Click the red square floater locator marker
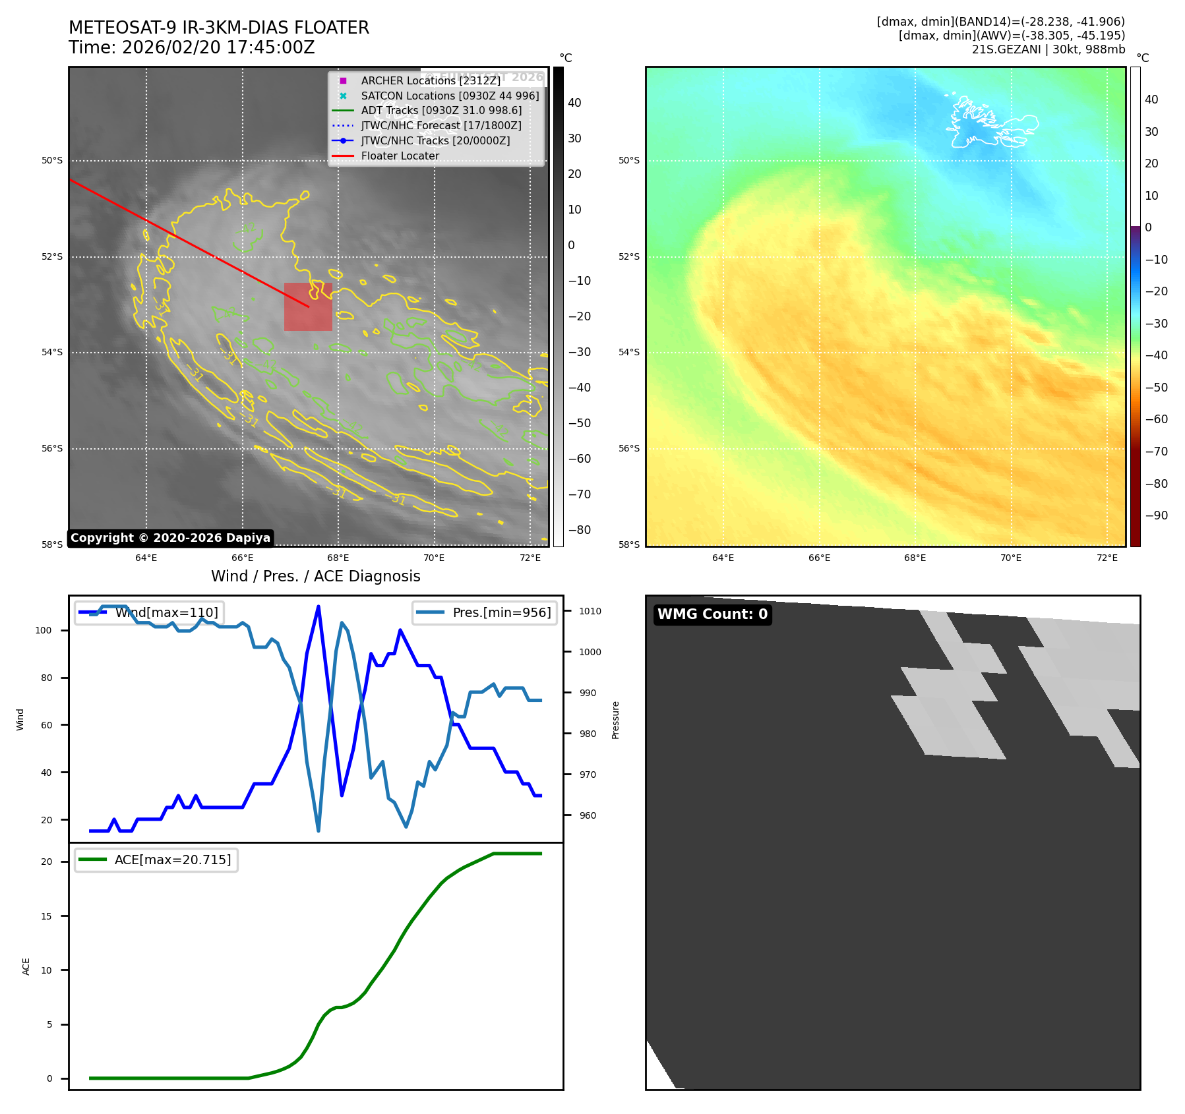point(308,307)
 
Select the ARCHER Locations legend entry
point(430,80)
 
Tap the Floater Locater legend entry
point(400,156)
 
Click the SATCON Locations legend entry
point(449,96)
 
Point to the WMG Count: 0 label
point(712,614)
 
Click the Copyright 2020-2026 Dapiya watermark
point(170,538)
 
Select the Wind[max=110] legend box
point(149,612)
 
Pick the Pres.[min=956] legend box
point(485,612)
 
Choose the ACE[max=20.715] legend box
point(156,860)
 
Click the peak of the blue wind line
point(319,606)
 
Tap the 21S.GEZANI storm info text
point(1048,49)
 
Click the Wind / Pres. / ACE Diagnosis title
point(315,576)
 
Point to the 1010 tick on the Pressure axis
point(590,611)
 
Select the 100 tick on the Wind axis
point(44,630)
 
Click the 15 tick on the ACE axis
point(46,916)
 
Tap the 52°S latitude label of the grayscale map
point(52,256)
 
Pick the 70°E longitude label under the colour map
point(1011,558)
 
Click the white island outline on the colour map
point(989,123)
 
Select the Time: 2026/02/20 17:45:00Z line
point(192,47)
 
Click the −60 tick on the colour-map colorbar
point(1156,419)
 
